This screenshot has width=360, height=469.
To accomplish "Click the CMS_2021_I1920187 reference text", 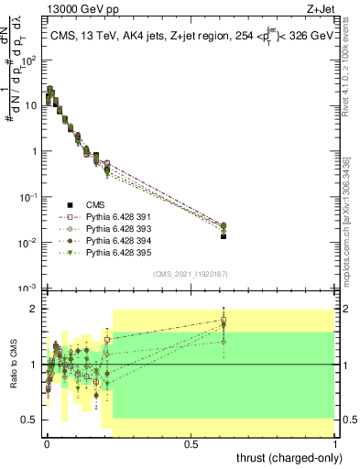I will tap(191, 274).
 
